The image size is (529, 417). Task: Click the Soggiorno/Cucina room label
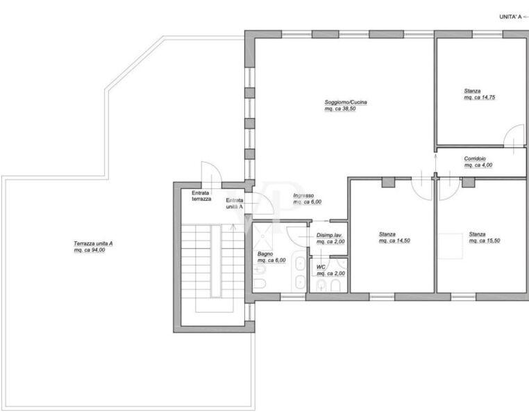click(x=346, y=102)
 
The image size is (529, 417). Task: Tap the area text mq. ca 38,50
click(x=339, y=108)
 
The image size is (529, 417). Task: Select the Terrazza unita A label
click(x=93, y=243)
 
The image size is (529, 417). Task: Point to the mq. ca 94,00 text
click(x=90, y=250)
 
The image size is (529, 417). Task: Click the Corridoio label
click(x=475, y=158)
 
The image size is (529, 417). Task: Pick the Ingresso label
click(x=303, y=195)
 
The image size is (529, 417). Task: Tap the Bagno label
click(x=265, y=254)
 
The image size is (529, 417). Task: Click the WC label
click(x=321, y=267)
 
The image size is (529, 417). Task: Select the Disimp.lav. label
click(x=329, y=235)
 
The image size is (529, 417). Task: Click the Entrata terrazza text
click(x=201, y=196)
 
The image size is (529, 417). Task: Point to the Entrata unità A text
click(x=235, y=204)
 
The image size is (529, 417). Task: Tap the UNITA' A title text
click(x=510, y=17)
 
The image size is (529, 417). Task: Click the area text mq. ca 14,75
click(x=480, y=97)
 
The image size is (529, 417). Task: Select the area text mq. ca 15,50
click(x=485, y=240)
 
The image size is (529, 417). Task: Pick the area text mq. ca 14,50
click(x=394, y=240)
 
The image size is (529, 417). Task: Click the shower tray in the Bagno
click(x=262, y=236)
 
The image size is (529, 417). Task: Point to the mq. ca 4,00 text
click(x=478, y=165)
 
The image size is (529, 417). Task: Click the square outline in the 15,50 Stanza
click(x=450, y=246)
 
